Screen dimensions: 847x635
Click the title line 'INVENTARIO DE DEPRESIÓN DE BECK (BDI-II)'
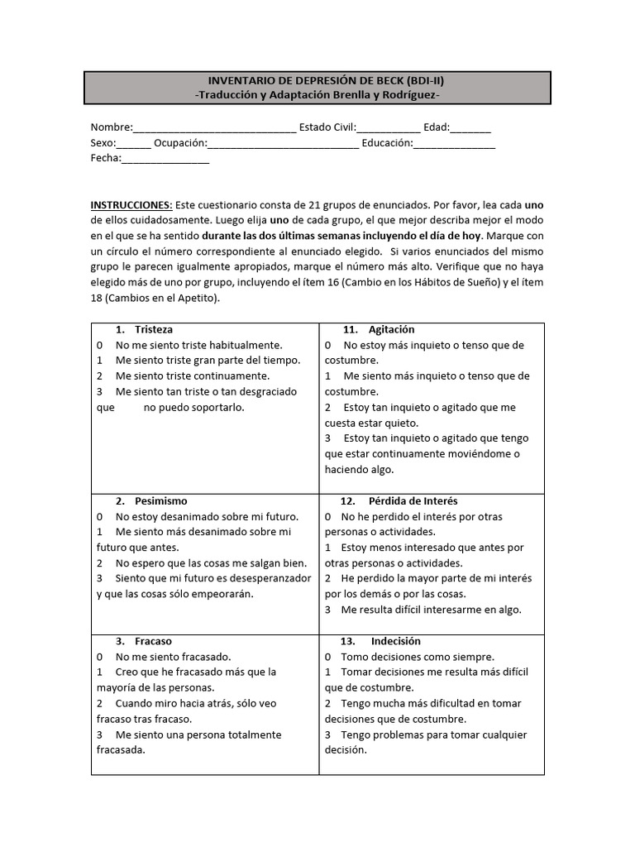pyautogui.click(x=318, y=80)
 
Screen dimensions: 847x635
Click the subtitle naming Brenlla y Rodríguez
pyautogui.click(x=318, y=96)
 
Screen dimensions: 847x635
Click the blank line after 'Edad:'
pyautogui.click(x=470, y=128)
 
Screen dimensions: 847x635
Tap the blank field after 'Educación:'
pyautogui.click(x=454, y=143)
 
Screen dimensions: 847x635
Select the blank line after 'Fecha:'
pyautogui.click(x=165, y=159)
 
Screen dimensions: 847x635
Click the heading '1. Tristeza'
pyautogui.click(x=145, y=329)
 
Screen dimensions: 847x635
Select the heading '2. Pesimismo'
pyautogui.click(x=151, y=501)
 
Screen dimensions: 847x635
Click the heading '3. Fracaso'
pyautogui.click(x=144, y=641)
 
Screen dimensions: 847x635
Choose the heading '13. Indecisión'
pyautogui.click(x=381, y=641)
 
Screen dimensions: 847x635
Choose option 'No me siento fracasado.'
pyautogui.click(x=173, y=657)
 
